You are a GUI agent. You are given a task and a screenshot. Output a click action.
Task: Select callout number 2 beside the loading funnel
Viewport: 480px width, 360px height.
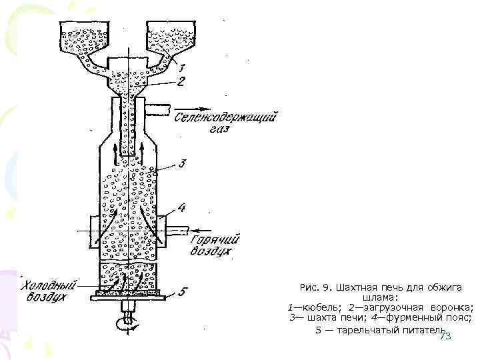coord(181,82)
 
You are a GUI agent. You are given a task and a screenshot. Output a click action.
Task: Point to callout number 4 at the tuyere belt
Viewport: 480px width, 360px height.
coord(182,208)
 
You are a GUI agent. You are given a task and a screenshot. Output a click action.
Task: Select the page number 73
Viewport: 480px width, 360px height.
coord(445,337)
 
